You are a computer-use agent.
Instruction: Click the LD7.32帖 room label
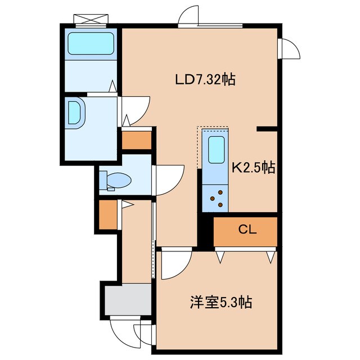205,79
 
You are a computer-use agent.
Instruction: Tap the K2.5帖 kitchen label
253,168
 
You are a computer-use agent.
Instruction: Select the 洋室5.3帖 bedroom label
221,302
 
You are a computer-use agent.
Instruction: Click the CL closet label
247,229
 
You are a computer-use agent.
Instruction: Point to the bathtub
91,43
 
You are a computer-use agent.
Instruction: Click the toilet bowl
119,180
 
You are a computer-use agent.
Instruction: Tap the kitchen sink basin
216,150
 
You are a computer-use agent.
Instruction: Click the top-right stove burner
220,192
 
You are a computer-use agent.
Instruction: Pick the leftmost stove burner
213,199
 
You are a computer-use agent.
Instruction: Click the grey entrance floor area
128,299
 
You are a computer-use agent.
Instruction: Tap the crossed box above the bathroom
91,19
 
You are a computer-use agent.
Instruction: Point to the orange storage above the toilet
137,140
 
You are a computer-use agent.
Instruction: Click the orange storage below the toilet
108,215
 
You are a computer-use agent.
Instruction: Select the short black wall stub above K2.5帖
267,129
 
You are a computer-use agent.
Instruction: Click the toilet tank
103,180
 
